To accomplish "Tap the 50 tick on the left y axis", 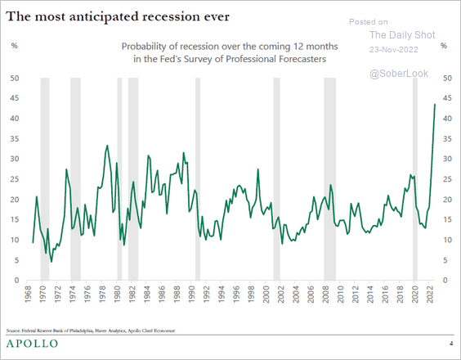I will click(15, 78).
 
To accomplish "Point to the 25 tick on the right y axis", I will click(446, 179).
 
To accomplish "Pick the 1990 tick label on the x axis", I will click(194, 297).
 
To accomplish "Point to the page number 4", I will click(450, 343).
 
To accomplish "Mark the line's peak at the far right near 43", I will click(434, 104).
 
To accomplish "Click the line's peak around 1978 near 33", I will click(107, 146).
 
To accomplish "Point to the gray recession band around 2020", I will click(415, 178).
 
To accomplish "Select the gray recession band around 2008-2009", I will click(330, 178).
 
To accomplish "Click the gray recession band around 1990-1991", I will click(198, 178).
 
